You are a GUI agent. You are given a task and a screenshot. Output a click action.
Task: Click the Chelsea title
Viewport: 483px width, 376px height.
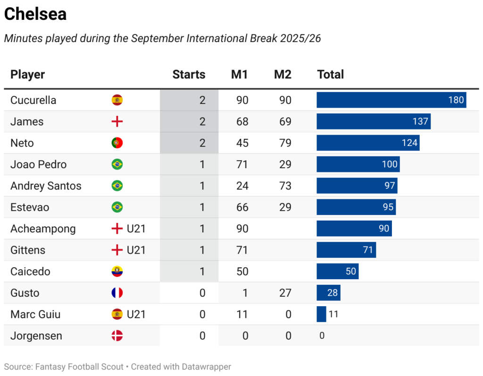[x=35, y=14]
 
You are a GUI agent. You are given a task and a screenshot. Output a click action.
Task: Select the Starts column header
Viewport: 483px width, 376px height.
[x=189, y=74]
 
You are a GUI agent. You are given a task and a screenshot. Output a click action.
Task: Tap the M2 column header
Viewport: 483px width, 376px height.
[x=283, y=74]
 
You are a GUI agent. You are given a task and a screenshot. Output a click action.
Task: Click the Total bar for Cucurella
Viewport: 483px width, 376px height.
[x=391, y=100]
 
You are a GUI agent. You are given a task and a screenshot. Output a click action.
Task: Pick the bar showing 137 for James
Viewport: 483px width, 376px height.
[x=373, y=121]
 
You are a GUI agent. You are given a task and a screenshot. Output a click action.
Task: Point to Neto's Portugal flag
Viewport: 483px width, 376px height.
[x=117, y=143]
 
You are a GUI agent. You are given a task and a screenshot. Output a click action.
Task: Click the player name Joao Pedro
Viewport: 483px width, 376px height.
[x=38, y=164]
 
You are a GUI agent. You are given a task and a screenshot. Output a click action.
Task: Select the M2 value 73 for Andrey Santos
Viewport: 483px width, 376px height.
[x=285, y=186]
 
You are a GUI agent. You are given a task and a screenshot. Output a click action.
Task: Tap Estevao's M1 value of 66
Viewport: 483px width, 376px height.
[x=242, y=207]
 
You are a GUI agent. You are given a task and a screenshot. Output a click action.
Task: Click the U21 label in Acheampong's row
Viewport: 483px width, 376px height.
[x=136, y=229]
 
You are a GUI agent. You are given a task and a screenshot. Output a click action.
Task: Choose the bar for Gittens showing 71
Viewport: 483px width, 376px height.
[x=346, y=250]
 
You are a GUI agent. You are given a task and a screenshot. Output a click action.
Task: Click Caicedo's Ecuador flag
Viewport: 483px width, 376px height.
[x=117, y=272]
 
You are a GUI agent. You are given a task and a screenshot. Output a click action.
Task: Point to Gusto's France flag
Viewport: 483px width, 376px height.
[x=117, y=293]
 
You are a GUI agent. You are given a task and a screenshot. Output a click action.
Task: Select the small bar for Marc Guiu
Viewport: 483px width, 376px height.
[x=321, y=314]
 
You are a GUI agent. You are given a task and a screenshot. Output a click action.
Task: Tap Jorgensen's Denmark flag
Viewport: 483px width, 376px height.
[x=117, y=336]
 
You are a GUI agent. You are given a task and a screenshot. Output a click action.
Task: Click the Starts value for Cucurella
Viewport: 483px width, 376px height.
[x=202, y=100]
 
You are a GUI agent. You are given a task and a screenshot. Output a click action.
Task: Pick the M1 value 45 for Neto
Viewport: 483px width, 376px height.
[x=242, y=143]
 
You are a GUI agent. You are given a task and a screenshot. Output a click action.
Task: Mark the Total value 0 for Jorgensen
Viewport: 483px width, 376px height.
[x=322, y=336]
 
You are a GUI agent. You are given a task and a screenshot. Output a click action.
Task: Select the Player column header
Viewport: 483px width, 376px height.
[x=27, y=74]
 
